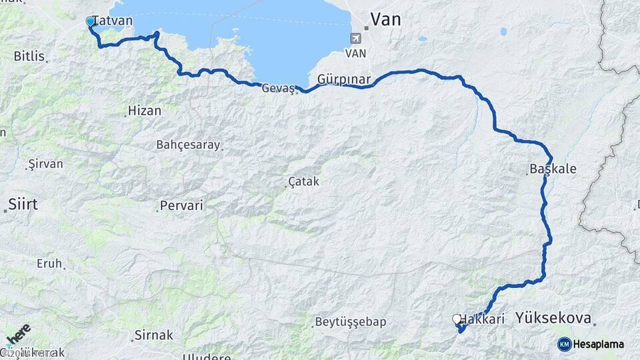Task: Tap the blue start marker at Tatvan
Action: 91,22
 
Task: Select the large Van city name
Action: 385,19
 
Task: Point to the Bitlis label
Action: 27,56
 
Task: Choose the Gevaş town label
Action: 279,88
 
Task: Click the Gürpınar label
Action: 344,79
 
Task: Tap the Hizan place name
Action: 144,111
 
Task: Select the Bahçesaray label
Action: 187,145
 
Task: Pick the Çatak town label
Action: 305,181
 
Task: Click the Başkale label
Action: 553,169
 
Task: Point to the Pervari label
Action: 182,206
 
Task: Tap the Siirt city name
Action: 23,205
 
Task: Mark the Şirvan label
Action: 45,164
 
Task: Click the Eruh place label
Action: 49,263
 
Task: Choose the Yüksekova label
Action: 553,319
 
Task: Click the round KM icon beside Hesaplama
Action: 565,344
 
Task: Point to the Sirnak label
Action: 153,335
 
